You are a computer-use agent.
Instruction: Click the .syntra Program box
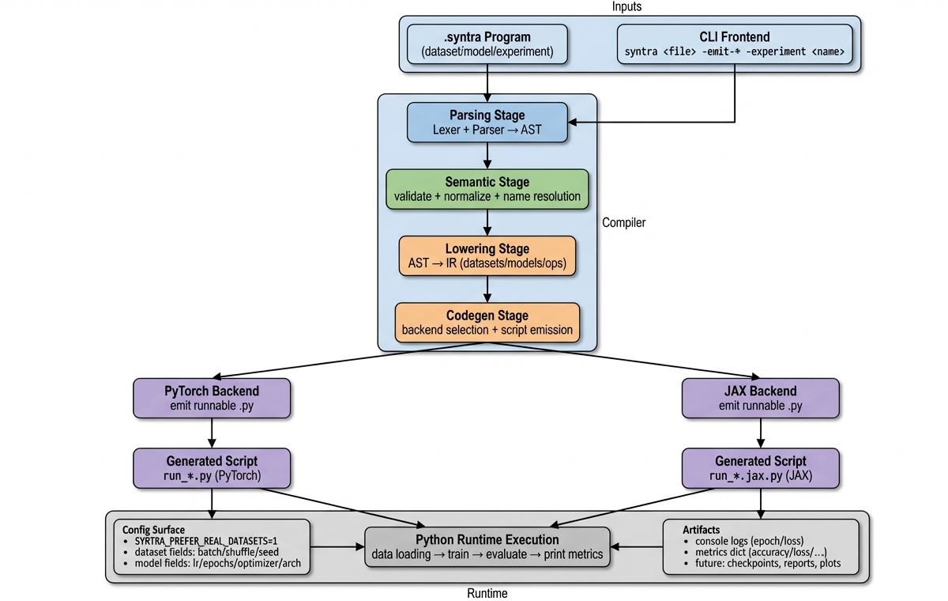pos(487,44)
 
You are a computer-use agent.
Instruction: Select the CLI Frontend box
pos(734,44)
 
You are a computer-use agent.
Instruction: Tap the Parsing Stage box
pos(487,123)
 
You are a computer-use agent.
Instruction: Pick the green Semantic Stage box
pos(487,189)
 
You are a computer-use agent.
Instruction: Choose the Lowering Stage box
pos(487,256)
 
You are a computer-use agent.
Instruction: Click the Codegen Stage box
pos(487,323)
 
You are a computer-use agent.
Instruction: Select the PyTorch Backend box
pos(212,398)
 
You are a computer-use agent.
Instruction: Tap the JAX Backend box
pos(760,398)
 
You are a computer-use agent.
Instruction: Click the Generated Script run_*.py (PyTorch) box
pos(212,468)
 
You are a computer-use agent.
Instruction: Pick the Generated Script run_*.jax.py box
pos(760,468)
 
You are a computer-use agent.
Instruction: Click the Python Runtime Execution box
pos(487,546)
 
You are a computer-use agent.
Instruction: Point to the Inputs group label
pos(627,7)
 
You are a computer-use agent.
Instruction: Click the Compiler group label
pos(623,223)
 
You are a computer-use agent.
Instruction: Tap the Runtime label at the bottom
pos(487,592)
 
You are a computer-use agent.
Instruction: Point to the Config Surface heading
pos(154,529)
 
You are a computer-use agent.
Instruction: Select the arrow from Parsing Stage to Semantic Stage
pos(487,156)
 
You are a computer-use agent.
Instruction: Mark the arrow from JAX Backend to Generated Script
pos(760,433)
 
